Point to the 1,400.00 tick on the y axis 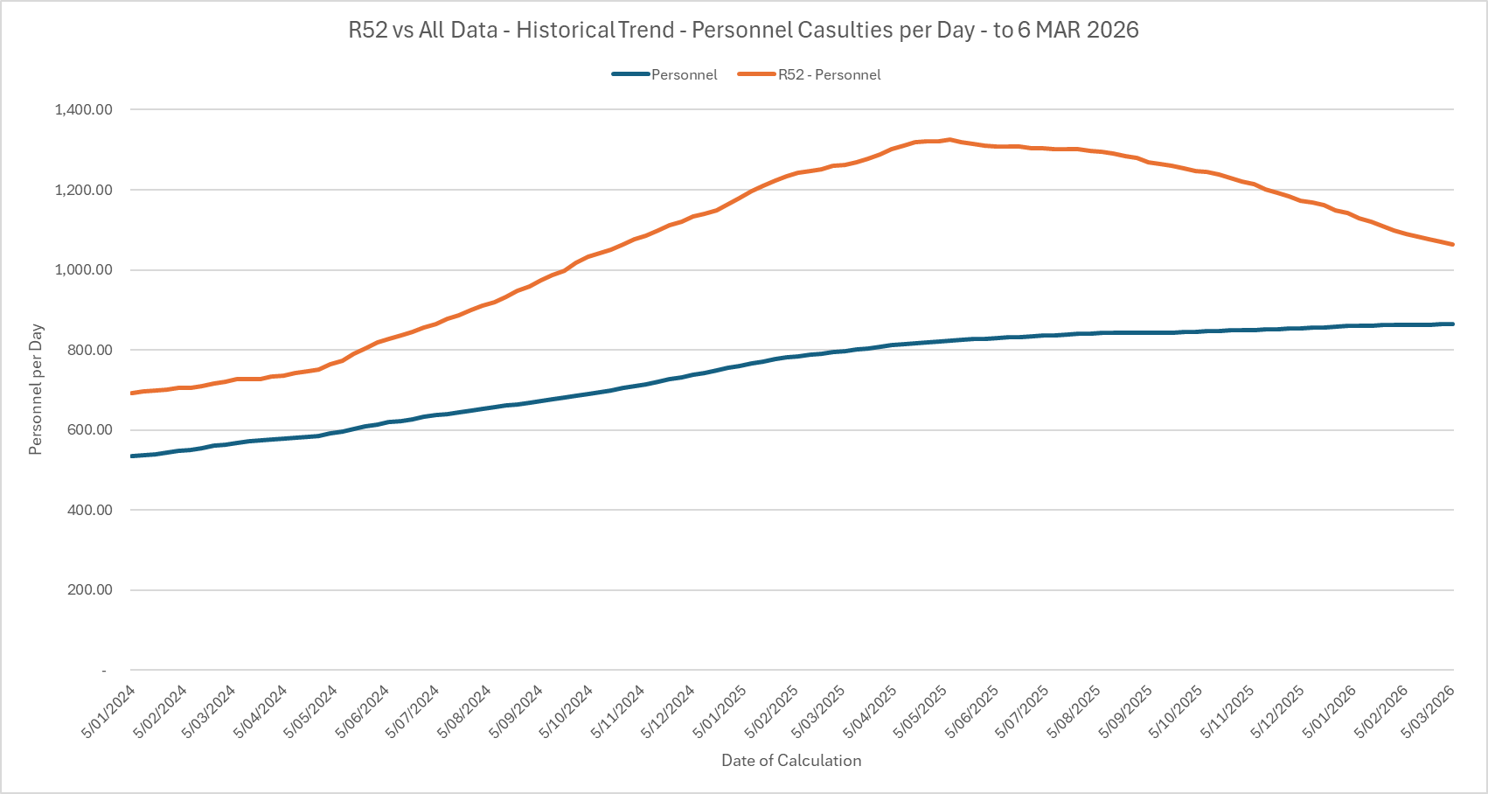pyautogui.click(x=83, y=109)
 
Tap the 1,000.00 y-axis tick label pyautogui.click(x=83, y=269)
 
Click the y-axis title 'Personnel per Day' pyautogui.click(x=36, y=390)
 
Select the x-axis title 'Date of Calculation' pyautogui.click(x=791, y=761)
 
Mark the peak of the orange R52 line pyautogui.click(x=949, y=139)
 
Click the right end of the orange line pyautogui.click(x=1453, y=244)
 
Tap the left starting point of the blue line pyautogui.click(x=131, y=456)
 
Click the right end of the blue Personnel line pyautogui.click(x=1453, y=324)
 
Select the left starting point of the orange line pyautogui.click(x=131, y=394)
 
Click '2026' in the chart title pyautogui.click(x=1113, y=30)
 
